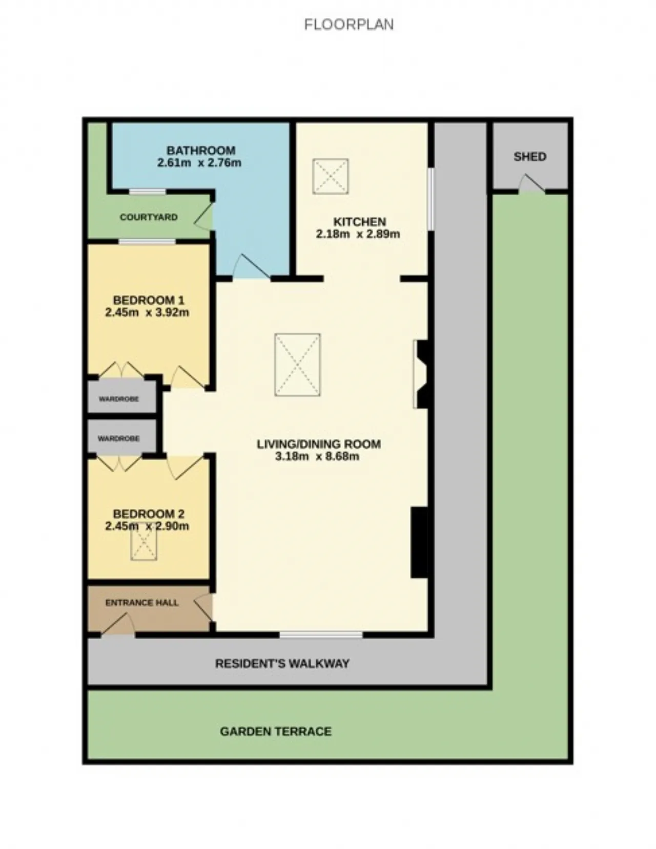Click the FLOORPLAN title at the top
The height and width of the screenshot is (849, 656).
348,25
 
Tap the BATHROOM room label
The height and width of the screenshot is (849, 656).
201,151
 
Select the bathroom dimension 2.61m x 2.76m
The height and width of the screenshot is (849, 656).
199,163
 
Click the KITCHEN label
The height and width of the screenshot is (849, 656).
360,222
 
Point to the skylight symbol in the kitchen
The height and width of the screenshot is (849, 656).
331,176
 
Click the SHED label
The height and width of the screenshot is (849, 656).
530,157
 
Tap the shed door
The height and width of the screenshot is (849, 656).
531,184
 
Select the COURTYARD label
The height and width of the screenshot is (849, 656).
149,217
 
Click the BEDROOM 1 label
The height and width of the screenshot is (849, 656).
149,300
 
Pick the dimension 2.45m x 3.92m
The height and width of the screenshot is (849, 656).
147,312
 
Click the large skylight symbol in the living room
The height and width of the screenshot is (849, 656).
298,365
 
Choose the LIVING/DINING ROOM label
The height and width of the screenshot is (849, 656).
319,444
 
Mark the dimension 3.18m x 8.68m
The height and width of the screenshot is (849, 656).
317,456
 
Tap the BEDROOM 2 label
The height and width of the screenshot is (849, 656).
149,514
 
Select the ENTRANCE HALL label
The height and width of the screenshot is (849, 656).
142,603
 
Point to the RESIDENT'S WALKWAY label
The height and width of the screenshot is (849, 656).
282,664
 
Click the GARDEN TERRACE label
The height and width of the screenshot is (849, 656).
276,731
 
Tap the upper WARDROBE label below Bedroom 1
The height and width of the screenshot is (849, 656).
119,399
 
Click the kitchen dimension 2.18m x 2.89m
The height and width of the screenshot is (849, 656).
358,235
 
